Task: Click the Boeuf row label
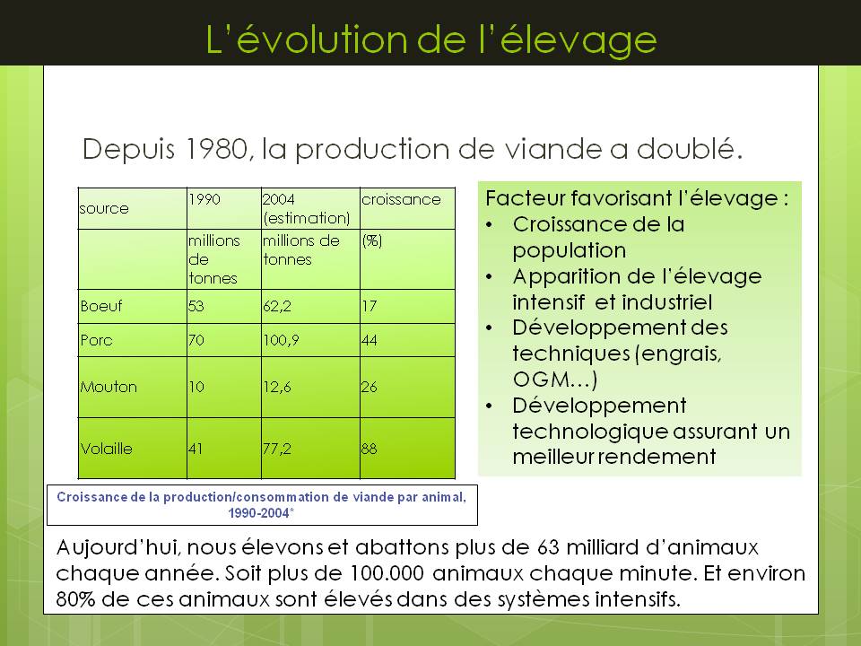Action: [x=101, y=306]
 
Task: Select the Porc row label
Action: [x=96, y=340]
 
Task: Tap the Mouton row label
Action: [x=109, y=387]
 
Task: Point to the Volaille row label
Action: [x=106, y=449]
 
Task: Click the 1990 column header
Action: [x=204, y=199]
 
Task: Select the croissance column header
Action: [x=401, y=199]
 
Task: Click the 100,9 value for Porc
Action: [x=281, y=340]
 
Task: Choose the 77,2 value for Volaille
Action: [x=277, y=449]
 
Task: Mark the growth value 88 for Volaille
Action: [x=369, y=449]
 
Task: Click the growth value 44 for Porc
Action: [x=369, y=340]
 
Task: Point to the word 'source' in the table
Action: [x=104, y=209]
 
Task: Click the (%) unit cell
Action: [x=371, y=240]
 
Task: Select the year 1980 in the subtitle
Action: [x=216, y=149]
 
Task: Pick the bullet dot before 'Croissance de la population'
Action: [x=490, y=225]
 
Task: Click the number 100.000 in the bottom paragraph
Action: [x=387, y=573]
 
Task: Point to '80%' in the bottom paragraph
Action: [x=75, y=598]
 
